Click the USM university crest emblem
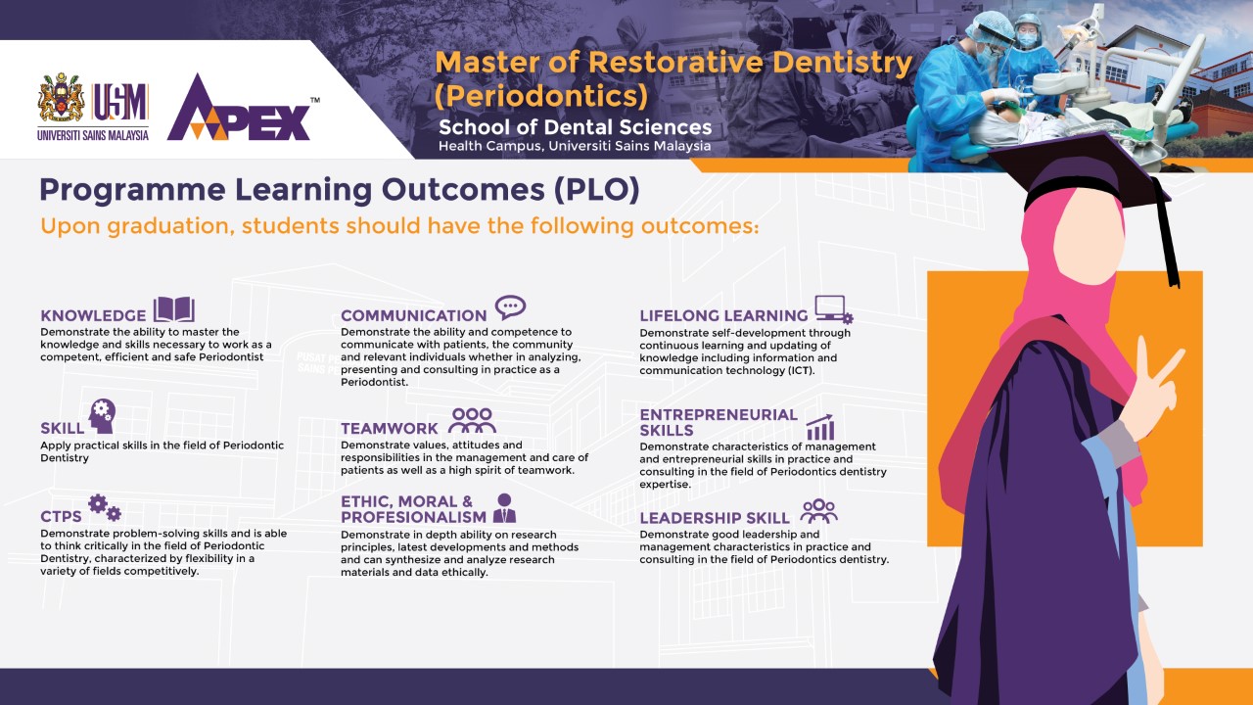[x=62, y=97]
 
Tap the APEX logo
[x=242, y=108]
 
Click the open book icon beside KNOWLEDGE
[x=174, y=309]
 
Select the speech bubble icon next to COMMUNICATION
[x=510, y=307]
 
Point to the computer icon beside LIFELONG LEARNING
[x=833, y=309]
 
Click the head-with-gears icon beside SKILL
[x=102, y=416]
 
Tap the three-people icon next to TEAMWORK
[x=472, y=420]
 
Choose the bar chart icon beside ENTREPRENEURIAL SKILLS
[x=820, y=428]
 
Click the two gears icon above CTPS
[x=105, y=507]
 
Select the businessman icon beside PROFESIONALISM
[x=504, y=508]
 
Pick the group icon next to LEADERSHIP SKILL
[x=819, y=511]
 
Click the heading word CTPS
[x=61, y=516]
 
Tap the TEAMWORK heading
[x=390, y=429]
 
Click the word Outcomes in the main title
[x=463, y=190]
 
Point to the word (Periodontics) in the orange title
[x=541, y=96]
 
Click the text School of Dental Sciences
[x=575, y=127]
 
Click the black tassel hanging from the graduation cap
[x=1166, y=232]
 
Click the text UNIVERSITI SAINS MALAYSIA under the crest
[x=93, y=135]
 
